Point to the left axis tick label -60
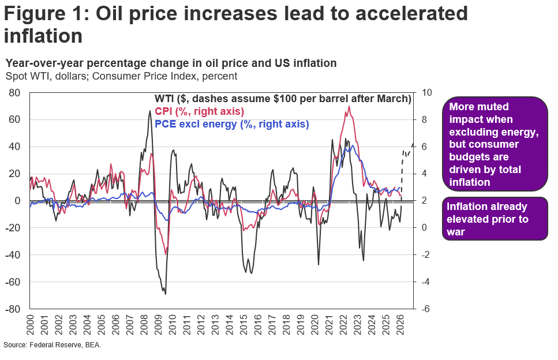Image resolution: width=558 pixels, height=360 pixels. click(14, 282)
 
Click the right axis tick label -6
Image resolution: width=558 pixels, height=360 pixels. click(426, 309)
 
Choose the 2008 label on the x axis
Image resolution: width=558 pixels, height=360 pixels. click(143, 324)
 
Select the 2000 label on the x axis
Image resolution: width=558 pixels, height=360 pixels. click(31, 324)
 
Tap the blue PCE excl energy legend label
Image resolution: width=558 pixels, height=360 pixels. click(232, 124)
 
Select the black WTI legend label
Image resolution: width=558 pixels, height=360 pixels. click(283, 99)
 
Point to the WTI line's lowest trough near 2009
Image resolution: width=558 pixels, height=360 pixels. click(166, 294)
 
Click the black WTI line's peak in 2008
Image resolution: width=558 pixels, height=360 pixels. click(151, 111)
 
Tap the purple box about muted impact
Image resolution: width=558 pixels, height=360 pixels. click(495, 144)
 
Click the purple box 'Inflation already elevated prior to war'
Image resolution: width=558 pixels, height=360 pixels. click(495, 219)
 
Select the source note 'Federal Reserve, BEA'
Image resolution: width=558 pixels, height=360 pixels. click(53, 344)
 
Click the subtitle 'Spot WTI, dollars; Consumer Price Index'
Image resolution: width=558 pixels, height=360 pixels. click(121, 76)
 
